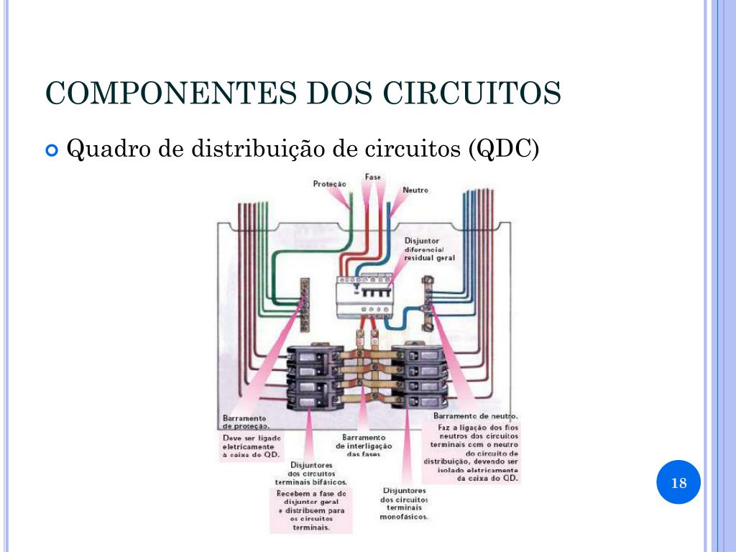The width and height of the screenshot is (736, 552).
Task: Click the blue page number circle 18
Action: pyautogui.click(x=678, y=482)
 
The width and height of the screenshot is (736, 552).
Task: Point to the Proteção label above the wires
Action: pyautogui.click(x=329, y=184)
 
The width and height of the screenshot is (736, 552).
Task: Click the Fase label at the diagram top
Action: pyautogui.click(x=373, y=177)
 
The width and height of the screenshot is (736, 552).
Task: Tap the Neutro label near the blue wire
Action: pyautogui.click(x=415, y=190)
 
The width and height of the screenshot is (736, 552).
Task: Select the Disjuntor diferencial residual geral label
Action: pyautogui.click(x=429, y=249)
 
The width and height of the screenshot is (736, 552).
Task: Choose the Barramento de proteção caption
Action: pyautogui.click(x=245, y=421)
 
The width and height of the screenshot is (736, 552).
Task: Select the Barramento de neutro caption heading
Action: pyautogui.click(x=476, y=416)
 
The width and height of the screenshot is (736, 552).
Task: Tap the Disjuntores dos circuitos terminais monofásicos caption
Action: pyautogui.click(x=404, y=503)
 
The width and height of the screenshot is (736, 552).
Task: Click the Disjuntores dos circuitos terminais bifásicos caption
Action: pyautogui.click(x=310, y=474)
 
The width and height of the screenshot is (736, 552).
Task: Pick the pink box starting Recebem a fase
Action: pyautogui.click(x=311, y=510)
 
